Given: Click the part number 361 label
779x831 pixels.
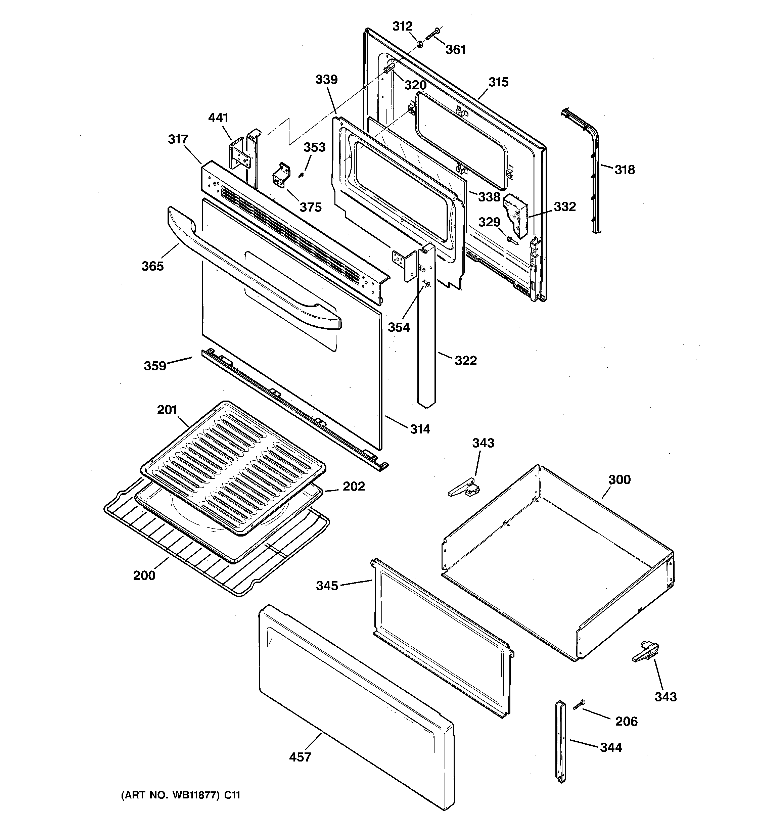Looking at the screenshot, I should tap(455, 50).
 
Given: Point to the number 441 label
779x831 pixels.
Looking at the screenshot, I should tap(218, 118).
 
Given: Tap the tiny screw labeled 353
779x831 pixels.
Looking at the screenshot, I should tap(300, 176).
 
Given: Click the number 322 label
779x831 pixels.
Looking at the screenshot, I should tap(465, 360).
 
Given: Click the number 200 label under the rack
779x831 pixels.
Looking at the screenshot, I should tap(144, 575).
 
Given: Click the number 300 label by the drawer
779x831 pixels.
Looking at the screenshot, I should tap(619, 479).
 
